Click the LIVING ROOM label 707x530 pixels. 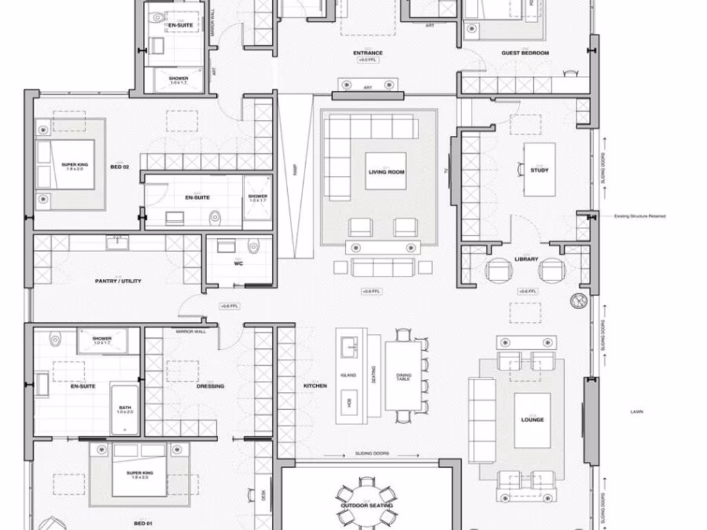point(386,172)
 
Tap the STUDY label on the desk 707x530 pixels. point(539,170)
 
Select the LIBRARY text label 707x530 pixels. point(526,259)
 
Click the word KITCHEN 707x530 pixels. point(315,386)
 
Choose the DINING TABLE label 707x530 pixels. point(404,377)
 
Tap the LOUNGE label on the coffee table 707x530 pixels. point(532,420)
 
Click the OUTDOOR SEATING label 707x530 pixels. point(367,506)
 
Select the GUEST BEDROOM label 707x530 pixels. point(525,53)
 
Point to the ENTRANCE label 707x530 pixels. point(368,53)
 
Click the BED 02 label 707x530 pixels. point(120,167)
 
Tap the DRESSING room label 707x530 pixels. point(210,386)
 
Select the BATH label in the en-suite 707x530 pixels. point(125,409)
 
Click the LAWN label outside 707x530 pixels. point(637,412)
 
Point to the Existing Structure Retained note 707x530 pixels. point(640,216)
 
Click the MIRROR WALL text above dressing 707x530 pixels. point(190,332)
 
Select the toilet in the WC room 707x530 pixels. point(253,246)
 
